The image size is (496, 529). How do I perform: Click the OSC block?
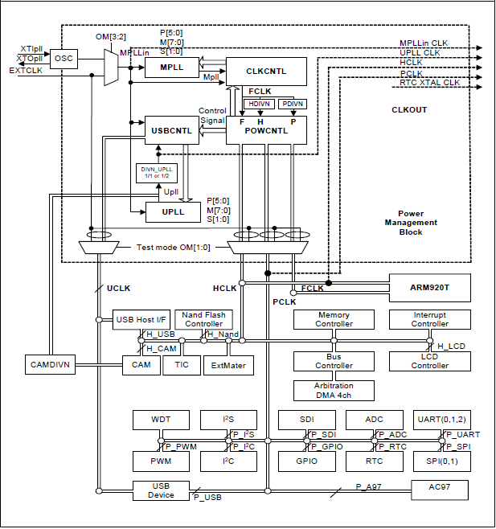tap(63, 59)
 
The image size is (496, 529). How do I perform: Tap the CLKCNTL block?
tap(266, 71)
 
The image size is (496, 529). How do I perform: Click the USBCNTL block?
tap(172, 130)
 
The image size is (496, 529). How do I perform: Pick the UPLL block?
tap(172, 211)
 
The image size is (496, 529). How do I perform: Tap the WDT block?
tap(161, 420)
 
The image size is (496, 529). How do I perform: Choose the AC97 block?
tap(438, 489)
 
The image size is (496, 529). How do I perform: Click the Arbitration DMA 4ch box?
tap(333, 391)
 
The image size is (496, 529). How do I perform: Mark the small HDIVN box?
tap(260, 104)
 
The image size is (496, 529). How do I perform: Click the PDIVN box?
tap(291, 104)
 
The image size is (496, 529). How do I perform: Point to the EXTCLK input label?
tap(24, 71)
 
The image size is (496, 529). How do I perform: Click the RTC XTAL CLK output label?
tap(429, 82)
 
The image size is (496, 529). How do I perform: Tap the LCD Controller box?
tap(429, 361)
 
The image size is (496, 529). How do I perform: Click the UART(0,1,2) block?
tap(439, 420)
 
